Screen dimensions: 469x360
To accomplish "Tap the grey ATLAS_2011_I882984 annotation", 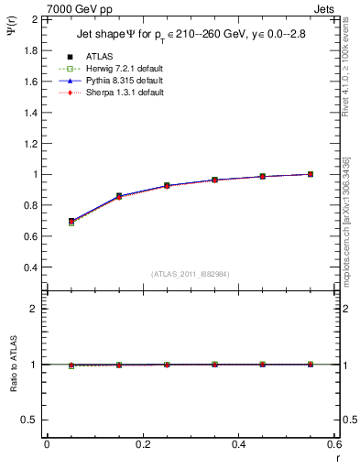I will (x=190, y=273).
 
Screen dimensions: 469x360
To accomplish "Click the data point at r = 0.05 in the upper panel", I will (x=71, y=222).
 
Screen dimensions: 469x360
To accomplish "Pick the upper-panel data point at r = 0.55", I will (x=311, y=174).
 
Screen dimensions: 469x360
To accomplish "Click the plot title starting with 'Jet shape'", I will (x=190, y=36).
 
